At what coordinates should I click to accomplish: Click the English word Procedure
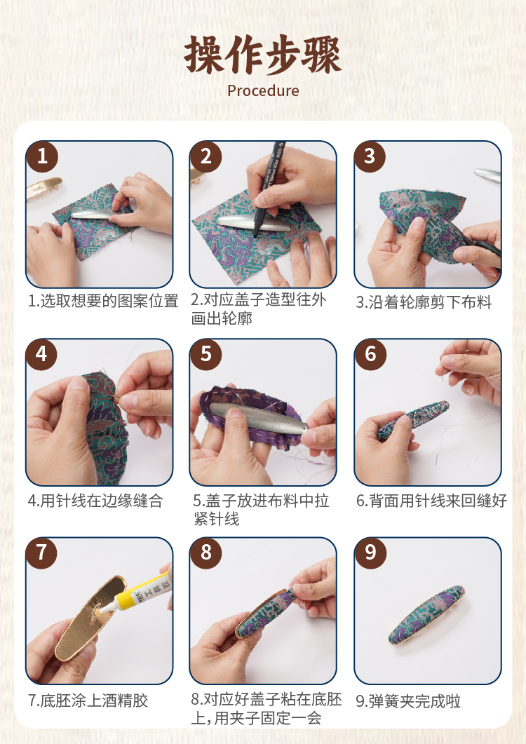coord(263,90)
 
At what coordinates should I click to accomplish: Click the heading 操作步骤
coord(263,55)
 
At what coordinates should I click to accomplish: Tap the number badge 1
coord(42,156)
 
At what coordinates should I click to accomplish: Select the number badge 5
coord(205,354)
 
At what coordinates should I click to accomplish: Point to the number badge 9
coord(370,553)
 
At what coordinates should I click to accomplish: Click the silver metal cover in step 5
coord(259,417)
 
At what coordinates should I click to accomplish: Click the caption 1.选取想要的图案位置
coord(103,301)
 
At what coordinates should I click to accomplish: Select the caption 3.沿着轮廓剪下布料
coord(424,302)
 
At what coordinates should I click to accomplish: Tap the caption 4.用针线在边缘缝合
coord(95,501)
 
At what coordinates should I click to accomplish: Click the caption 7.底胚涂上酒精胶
coord(88,701)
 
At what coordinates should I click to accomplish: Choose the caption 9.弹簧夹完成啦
coord(408,701)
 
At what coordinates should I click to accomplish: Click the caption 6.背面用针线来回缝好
coord(431,501)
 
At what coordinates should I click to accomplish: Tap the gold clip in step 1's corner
coord(43,187)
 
